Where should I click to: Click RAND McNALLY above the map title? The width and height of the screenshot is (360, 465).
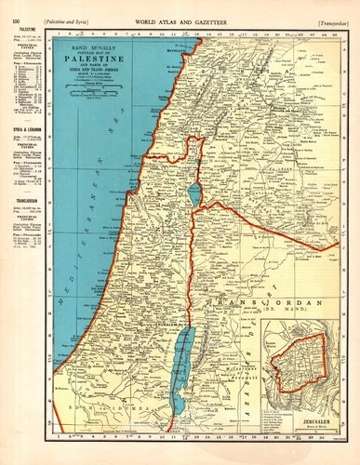click(98, 46)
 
